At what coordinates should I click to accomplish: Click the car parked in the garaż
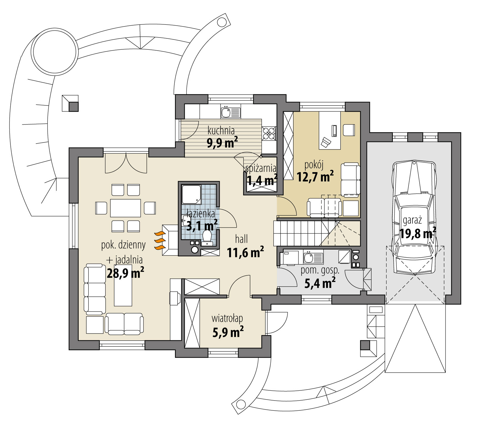click(414, 217)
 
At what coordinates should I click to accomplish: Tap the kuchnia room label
click(221, 130)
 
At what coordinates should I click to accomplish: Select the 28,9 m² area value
click(125, 273)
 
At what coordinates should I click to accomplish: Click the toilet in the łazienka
click(207, 237)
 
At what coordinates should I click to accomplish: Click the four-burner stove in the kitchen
click(269, 133)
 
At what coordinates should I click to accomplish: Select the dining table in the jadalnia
click(125, 208)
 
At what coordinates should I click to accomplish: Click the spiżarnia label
click(261, 169)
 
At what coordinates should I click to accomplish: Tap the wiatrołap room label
click(227, 318)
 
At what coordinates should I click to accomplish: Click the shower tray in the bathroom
click(191, 194)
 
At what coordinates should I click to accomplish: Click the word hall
click(241, 239)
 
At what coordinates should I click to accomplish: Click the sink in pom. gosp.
click(313, 258)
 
